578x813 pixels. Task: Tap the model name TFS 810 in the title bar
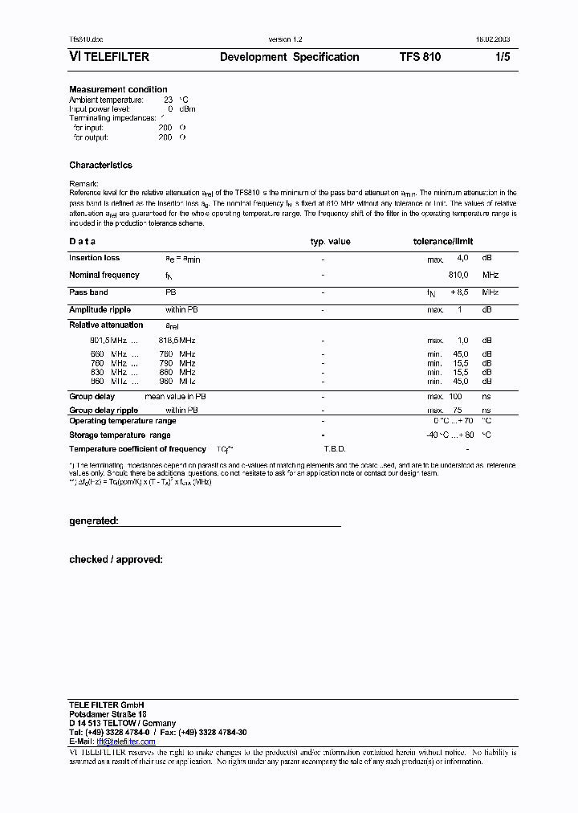point(420,57)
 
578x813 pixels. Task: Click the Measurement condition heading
point(118,89)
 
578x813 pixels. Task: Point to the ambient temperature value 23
point(168,100)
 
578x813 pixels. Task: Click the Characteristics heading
point(100,165)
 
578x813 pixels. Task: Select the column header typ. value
point(331,241)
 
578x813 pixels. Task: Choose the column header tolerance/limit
point(443,241)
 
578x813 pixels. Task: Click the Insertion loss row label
point(94,258)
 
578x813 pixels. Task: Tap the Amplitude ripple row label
point(100,309)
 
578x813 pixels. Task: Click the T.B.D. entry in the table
point(334,448)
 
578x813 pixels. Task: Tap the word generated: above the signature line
point(94,521)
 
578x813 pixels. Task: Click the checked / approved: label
point(116,558)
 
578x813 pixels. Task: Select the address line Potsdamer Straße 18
point(108,713)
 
